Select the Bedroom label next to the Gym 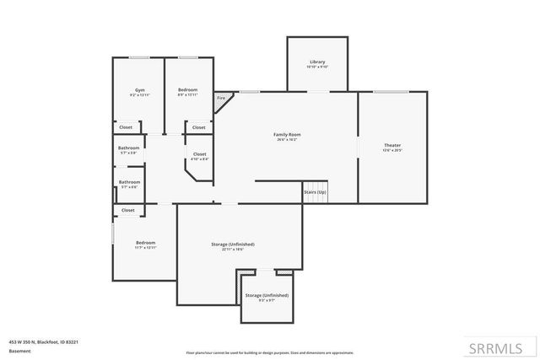click(x=187, y=89)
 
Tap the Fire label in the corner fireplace click(x=221, y=99)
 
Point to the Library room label click(x=317, y=62)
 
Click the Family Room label click(x=287, y=134)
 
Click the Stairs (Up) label click(x=315, y=193)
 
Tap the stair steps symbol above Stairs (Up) click(x=315, y=183)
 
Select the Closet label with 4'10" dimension click(x=200, y=153)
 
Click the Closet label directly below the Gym click(x=126, y=127)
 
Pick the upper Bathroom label click(x=129, y=148)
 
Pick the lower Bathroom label click(x=129, y=181)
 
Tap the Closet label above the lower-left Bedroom click(x=128, y=210)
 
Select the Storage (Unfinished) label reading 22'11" click(x=233, y=244)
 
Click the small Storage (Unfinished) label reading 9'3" click(x=267, y=295)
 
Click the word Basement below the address click(x=18, y=351)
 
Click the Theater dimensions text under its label click(x=392, y=151)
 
